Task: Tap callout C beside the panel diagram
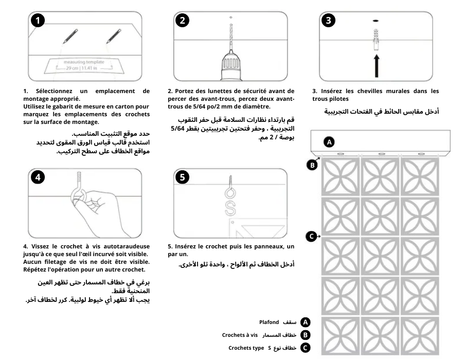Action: point(311,237)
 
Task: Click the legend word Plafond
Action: point(269,322)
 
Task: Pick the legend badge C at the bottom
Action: point(306,348)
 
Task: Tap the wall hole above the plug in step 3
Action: point(376,20)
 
